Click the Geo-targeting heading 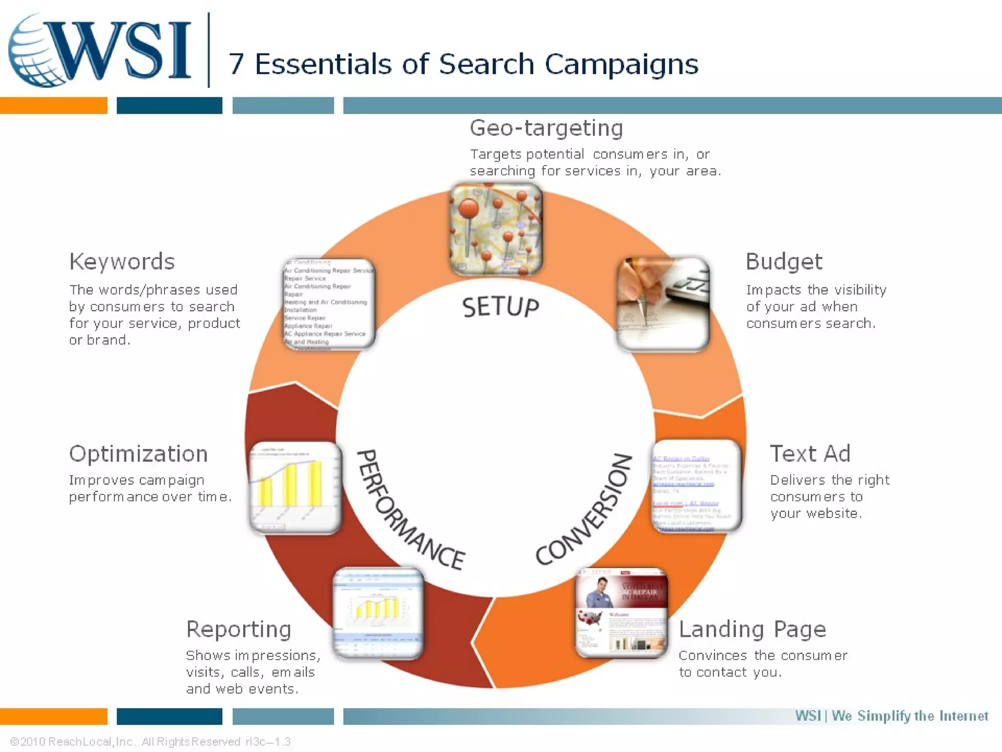[x=546, y=128]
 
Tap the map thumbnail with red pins [x=496, y=229]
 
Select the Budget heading [x=784, y=261]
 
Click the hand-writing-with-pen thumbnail [x=662, y=304]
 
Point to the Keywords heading [x=122, y=261]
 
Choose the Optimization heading [x=138, y=453]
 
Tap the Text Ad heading [x=810, y=453]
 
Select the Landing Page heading [x=752, y=629]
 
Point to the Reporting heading [x=238, y=629]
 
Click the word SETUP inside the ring [x=500, y=307]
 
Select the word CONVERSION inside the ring [x=585, y=509]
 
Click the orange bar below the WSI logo [x=53, y=105]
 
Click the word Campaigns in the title [x=621, y=64]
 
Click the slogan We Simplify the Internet [x=910, y=716]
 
